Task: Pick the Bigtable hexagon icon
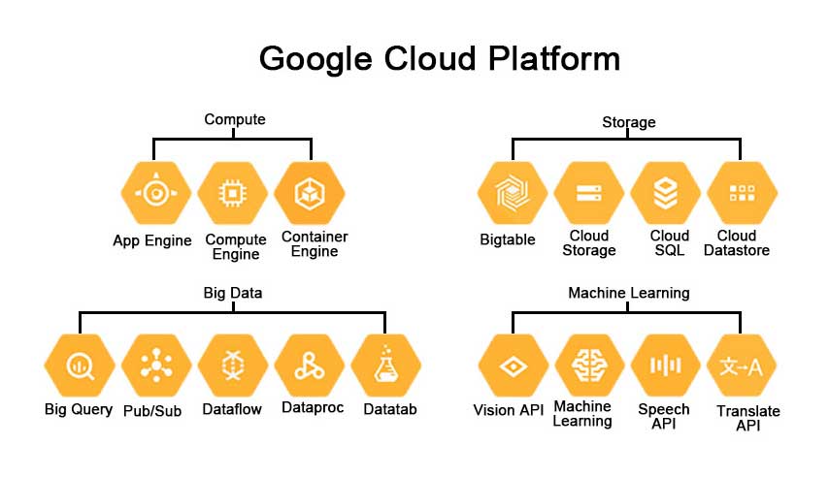511,194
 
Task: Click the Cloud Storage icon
588,194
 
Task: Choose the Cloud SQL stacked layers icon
666,194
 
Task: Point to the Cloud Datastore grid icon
743,194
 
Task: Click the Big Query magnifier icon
78,366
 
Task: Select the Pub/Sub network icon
155,366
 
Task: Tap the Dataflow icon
233,366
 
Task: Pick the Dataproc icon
310,366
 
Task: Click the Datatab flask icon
386,366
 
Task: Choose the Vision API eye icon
511,366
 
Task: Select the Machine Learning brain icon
588,366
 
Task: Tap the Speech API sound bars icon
666,366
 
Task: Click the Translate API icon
743,366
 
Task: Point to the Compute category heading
234,119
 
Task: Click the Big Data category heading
233,292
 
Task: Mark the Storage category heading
628,122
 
